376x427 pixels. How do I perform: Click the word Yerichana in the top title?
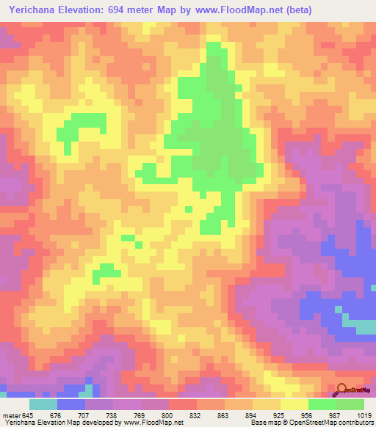pos(34,10)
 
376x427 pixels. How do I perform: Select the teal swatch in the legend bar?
pos(43,404)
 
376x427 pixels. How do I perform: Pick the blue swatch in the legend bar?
pos(70,404)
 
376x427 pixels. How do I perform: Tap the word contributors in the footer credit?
pos(352,423)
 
